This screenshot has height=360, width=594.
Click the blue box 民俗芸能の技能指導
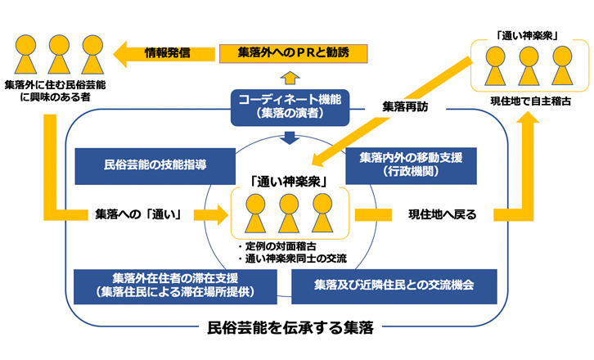(138, 164)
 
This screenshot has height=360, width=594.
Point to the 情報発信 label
(167, 54)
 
